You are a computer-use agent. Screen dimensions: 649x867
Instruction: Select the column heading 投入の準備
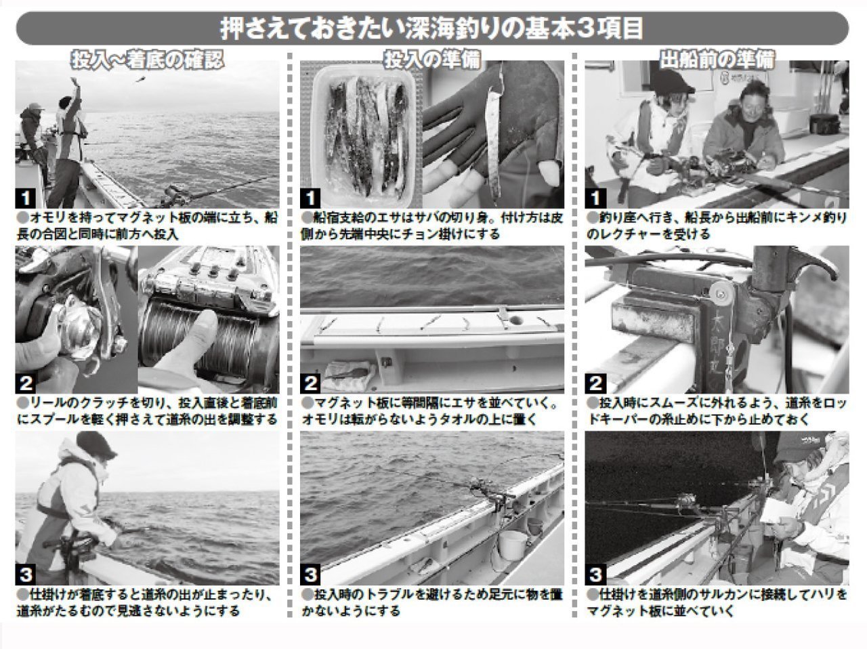(432, 60)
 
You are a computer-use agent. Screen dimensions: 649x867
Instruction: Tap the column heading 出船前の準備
(717, 60)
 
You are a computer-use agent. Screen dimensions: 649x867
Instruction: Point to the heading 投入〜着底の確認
(147, 60)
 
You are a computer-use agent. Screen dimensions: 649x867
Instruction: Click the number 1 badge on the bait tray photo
(310, 198)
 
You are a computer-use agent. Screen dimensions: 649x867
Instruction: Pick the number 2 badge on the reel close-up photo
(26, 383)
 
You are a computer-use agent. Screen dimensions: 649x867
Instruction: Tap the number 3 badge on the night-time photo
(595, 575)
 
